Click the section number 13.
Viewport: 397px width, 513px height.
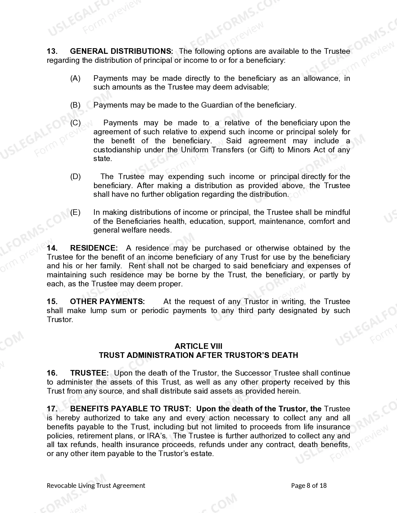[52, 51]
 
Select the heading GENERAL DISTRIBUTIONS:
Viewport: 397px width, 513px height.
[121, 51]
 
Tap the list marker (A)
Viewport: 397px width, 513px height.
[75, 78]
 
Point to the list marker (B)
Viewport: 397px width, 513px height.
[75, 105]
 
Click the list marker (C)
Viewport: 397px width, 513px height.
[75, 123]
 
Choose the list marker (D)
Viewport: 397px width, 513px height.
[75, 177]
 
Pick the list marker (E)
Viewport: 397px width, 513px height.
[75, 213]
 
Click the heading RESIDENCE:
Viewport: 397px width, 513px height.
[94, 248]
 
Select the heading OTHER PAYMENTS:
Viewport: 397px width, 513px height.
[107, 302]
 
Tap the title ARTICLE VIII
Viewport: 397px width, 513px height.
[198, 346]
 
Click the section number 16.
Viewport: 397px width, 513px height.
[52, 373]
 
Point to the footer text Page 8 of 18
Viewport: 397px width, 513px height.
[309, 486]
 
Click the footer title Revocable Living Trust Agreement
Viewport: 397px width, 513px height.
[96, 486]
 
